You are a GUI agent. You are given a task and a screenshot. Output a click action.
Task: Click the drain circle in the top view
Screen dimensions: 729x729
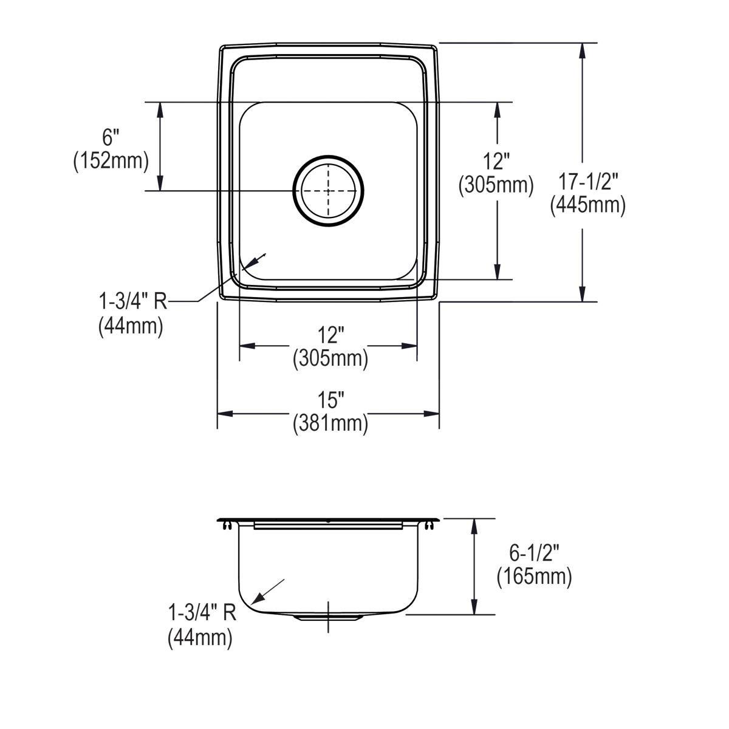tap(328, 191)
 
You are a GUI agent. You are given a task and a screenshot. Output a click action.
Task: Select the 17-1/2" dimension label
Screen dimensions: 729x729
tap(587, 181)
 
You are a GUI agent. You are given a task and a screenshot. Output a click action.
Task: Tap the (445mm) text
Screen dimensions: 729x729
tap(587, 205)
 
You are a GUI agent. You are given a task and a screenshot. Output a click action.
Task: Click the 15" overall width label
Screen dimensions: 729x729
tap(330, 400)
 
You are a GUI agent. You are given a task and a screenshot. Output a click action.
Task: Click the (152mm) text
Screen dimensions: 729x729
tap(111, 162)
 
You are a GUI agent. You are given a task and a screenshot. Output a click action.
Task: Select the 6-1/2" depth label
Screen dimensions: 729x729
tap(534, 553)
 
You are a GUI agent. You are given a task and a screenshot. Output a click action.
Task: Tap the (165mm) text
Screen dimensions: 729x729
tap(534, 577)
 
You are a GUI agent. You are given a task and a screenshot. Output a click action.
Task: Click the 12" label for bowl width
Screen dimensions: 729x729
tap(330, 335)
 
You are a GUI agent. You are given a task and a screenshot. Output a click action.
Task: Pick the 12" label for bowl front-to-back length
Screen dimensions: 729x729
tap(496, 162)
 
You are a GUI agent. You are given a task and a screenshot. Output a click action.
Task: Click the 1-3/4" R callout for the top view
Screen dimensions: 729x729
tap(132, 302)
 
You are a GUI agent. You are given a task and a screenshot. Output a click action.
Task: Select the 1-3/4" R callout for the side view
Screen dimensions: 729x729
tap(201, 614)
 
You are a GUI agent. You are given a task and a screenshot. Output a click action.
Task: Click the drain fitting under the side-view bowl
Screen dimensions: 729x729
tap(328, 617)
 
